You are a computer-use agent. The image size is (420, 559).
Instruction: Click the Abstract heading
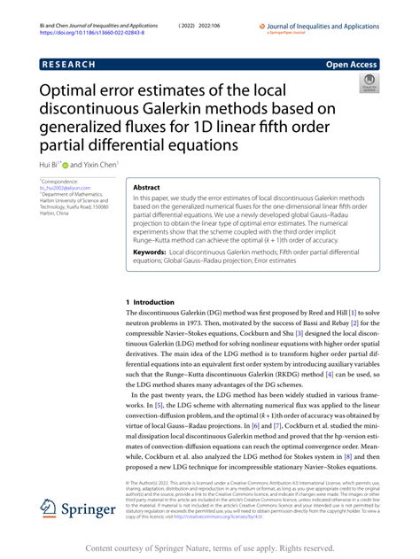click(147, 188)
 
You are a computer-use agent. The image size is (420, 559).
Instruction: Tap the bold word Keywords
click(152, 252)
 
